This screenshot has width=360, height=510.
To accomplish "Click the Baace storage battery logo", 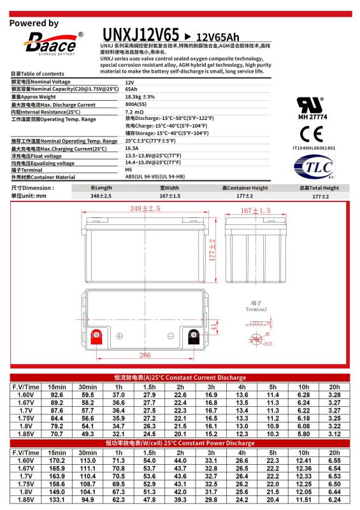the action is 50,43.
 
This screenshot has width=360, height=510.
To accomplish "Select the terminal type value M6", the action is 129,170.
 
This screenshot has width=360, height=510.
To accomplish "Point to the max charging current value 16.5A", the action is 133,148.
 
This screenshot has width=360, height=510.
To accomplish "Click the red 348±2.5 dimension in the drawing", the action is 145,208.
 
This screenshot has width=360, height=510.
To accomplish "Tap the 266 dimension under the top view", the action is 145,355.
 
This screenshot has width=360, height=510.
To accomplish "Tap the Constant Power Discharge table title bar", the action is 180,442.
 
